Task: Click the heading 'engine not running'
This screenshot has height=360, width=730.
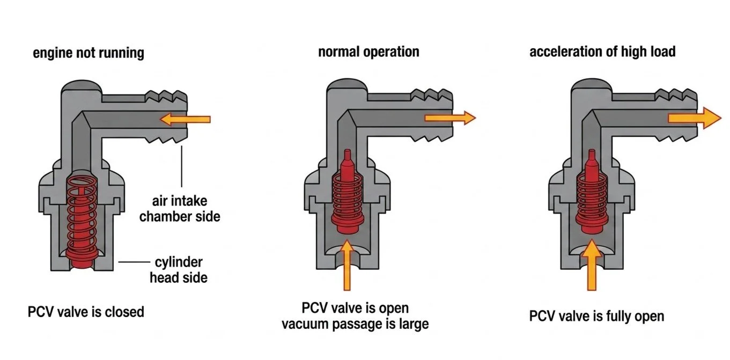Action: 89,53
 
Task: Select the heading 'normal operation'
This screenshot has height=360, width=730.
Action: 368,52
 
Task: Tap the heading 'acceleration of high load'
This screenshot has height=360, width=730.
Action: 602,52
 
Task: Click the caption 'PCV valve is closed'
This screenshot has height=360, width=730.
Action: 86,311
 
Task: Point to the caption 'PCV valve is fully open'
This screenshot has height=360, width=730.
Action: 596,316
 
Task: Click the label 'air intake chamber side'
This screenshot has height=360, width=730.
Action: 180,209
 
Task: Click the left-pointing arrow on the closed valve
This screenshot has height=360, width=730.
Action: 185,119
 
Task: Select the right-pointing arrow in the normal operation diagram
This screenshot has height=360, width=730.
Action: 449,118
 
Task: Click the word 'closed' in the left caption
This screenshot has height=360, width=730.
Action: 125,311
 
